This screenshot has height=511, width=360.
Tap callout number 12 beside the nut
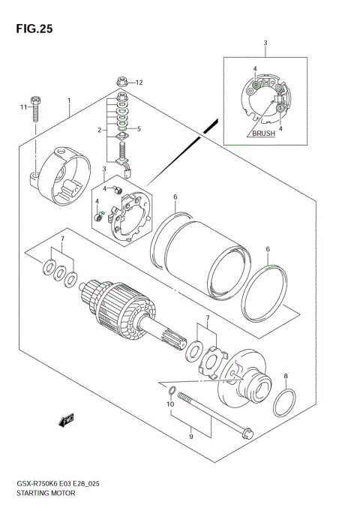tap(139, 83)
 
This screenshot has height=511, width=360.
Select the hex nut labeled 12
tap(121, 81)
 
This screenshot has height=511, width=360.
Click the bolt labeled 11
tap(35, 110)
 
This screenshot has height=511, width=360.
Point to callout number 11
tap(22, 108)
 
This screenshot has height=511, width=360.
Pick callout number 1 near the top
tap(69, 100)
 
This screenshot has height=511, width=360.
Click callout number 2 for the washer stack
tap(98, 130)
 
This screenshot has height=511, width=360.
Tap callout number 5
tap(139, 129)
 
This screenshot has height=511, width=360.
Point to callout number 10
tap(170, 404)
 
